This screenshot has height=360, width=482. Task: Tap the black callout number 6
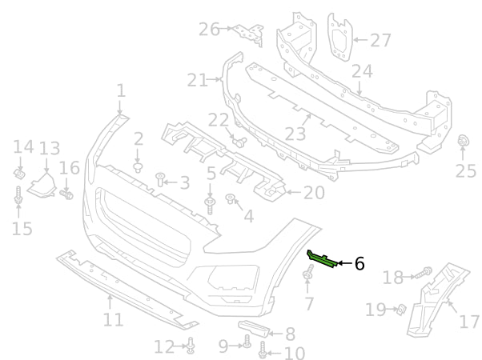[x=359, y=263]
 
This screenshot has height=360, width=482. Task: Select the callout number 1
[x=121, y=90]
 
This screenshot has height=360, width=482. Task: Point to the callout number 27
[x=380, y=39]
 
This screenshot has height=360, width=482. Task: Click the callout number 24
[x=362, y=71]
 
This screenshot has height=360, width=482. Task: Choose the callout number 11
[x=113, y=319]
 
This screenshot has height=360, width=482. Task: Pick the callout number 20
[x=314, y=192]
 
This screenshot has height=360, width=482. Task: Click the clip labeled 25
[x=463, y=142]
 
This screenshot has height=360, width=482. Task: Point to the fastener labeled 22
[x=238, y=141]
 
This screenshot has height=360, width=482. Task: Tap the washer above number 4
[x=231, y=198]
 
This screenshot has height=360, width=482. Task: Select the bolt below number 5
[x=211, y=204]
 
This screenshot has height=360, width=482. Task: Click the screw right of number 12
[x=191, y=346]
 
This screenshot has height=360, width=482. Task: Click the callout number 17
[x=468, y=322]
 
